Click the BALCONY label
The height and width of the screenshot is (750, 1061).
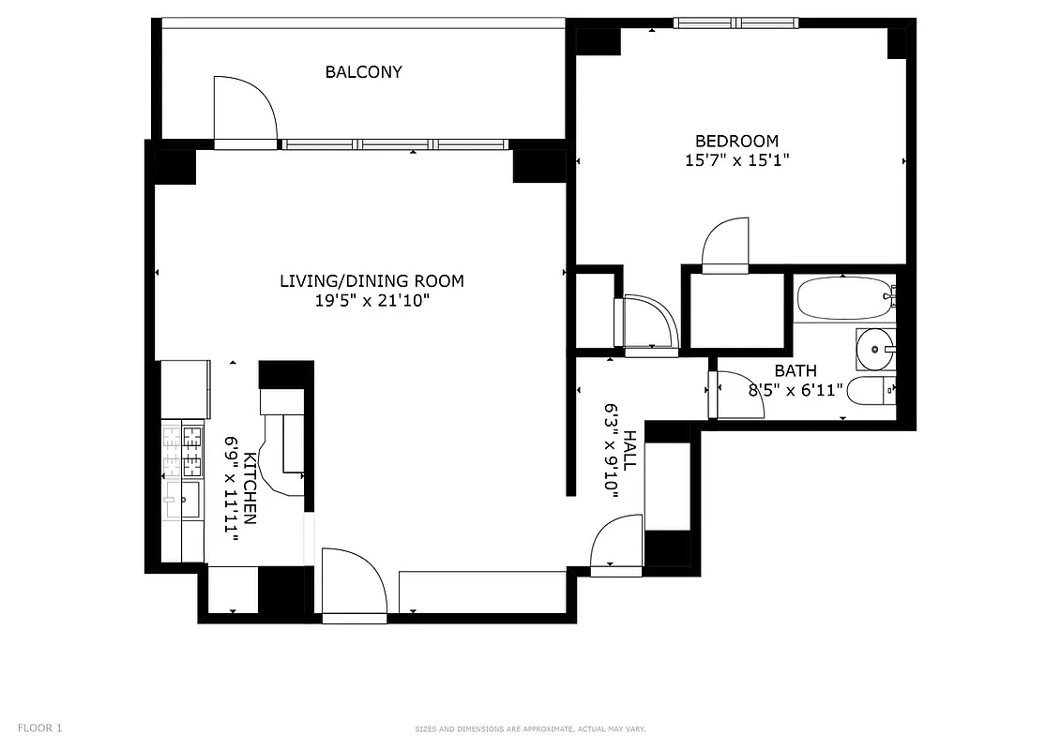[x=363, y=72]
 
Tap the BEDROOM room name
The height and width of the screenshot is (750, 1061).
[x=735, y=141]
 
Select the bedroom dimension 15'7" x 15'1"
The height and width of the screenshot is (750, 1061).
[x=736, y=160]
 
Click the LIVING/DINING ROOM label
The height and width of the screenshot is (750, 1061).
[x=371, y=281]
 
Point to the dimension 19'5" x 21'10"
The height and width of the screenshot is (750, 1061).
[x=371, y=301]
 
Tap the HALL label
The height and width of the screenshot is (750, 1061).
[x=630, y=450]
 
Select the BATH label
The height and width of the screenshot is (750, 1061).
[x=795, y=371]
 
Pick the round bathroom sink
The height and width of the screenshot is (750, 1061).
[x=875, y=350]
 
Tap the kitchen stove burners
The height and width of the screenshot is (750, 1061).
[x=183, y=450]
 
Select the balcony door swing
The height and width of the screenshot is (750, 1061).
[x=244, y=111]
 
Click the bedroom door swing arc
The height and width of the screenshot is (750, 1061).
[x=725, y=243]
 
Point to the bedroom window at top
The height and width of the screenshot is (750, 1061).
[x=735, y=22]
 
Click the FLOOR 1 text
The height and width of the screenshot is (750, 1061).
[x=40, y=727]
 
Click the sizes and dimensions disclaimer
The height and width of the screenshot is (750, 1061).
[x=530, y=729]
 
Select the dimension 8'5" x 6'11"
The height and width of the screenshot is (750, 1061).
[x=796, y=390]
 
